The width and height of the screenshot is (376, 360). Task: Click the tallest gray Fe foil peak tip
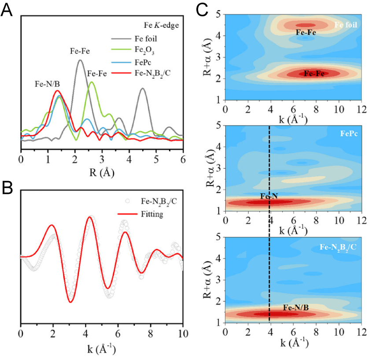(80, 60)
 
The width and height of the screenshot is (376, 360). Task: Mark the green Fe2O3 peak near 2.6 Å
(92, 82)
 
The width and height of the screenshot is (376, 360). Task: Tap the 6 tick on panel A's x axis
(183, 157)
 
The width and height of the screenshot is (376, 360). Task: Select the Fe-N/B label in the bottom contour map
(295, 307)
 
